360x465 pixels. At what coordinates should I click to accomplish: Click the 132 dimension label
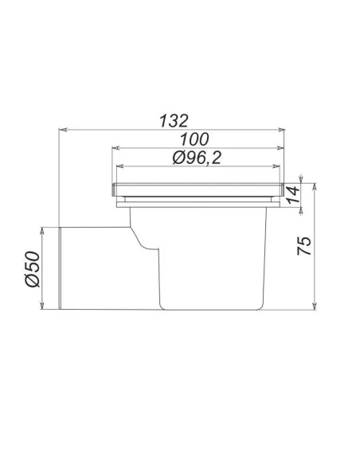tap(174, 121)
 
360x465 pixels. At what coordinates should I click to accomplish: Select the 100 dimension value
tap(194, 139)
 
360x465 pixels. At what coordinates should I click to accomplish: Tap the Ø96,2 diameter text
tap(197, 158)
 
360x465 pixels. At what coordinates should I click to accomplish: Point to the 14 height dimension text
tap(293, 194)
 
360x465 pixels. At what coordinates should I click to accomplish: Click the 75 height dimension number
tap(304, 246)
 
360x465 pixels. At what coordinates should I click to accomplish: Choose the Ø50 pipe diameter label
tap(33, 269)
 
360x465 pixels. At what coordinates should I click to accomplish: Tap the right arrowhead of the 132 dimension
tap(281, 130)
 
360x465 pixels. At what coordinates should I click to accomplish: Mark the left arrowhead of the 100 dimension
tap(116, 147)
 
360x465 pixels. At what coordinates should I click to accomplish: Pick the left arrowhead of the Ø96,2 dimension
tap(121, 166)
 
